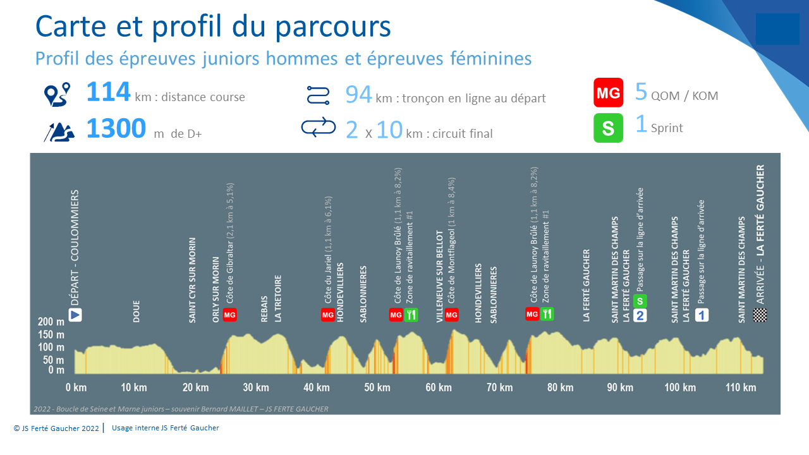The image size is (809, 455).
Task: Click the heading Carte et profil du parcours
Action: pos(213,27)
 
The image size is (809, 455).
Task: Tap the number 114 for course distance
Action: pos(108,92)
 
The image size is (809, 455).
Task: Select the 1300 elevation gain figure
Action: pos(116,128)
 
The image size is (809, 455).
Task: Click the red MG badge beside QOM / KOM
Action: pos(608,93)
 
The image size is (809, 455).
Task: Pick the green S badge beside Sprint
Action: pos(608,128)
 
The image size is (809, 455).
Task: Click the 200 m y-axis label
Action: pos(51,322)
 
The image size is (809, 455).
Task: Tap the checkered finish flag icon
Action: pos(760,315)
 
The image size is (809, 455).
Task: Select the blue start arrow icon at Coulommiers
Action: pos(76,315)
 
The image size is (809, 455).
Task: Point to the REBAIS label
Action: pos(264,308)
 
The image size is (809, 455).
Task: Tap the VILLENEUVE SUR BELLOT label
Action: pos(440,277)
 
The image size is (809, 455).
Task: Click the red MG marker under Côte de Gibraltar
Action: pos(230,315)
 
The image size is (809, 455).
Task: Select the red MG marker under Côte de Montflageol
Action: pos(451,315)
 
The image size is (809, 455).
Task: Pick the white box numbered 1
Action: pos(702,315)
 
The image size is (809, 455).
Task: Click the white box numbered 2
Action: pos(640,315)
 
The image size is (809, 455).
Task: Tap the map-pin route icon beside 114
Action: pos(57,94)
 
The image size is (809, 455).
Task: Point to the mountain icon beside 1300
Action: pos(59,131)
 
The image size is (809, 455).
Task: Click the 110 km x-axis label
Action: pos(741,387)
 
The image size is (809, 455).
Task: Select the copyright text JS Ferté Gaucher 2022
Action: pos(56,428)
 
